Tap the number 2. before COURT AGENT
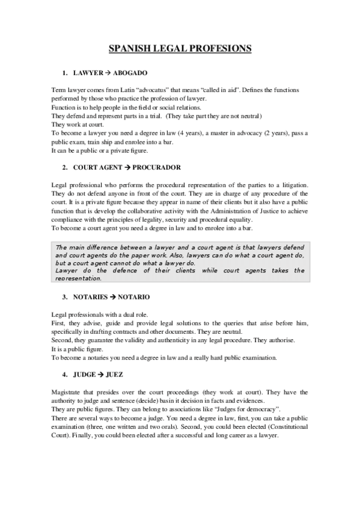click(64, 167)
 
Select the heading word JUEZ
click(114, 374)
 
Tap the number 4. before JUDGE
click(64, 374)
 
